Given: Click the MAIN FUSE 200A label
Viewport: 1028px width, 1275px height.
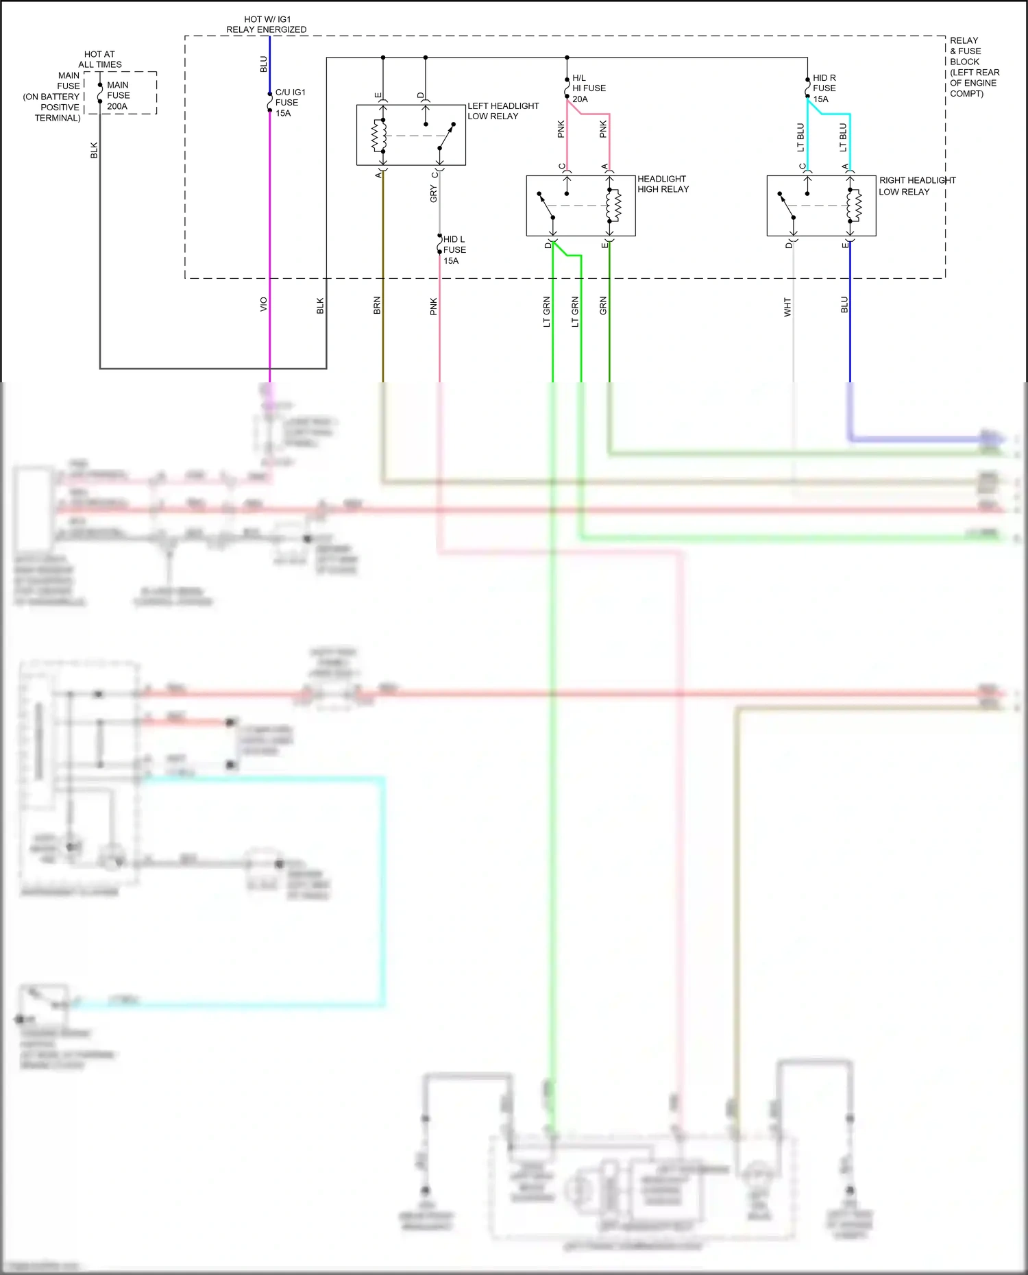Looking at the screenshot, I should (x=118, y=96).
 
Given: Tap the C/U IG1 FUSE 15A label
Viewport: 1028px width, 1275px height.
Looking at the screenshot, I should (x=289, y=103).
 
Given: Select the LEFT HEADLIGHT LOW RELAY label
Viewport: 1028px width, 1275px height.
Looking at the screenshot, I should (x=502, y=111).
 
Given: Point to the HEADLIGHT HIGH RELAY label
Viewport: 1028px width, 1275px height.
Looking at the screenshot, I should (x=663, y=184).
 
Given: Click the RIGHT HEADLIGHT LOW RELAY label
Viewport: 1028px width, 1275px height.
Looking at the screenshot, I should (x=916, y=186).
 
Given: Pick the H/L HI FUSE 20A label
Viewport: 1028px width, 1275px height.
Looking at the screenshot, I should (x=588, y=88).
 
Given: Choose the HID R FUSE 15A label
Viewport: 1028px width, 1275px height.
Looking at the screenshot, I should (x=824, y=88).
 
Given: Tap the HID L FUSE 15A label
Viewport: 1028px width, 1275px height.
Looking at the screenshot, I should (x=454, y=250).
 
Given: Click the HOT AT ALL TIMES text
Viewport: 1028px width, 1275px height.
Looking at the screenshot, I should (x=100, y=59).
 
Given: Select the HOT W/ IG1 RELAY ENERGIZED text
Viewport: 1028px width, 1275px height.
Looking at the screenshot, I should (x=267, y=25).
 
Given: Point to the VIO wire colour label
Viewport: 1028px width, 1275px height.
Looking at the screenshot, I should (x=264, y=305).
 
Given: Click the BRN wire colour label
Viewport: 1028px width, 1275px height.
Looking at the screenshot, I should (x=377, y=306).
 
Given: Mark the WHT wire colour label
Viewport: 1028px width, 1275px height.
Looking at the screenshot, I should (x=787, y=307).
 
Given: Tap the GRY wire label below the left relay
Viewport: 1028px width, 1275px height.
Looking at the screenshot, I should (x=433, y=194).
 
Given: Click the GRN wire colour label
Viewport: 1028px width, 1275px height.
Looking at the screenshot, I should (x=603, y=306).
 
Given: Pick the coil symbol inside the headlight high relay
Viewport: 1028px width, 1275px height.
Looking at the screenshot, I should (x=614, y=206).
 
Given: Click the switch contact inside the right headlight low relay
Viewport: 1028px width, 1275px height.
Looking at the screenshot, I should (x=787, y=206).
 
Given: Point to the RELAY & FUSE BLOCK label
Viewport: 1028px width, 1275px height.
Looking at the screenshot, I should (x=973, y=67).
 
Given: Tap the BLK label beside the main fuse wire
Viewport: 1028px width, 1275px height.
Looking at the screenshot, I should (x=95, y=151).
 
